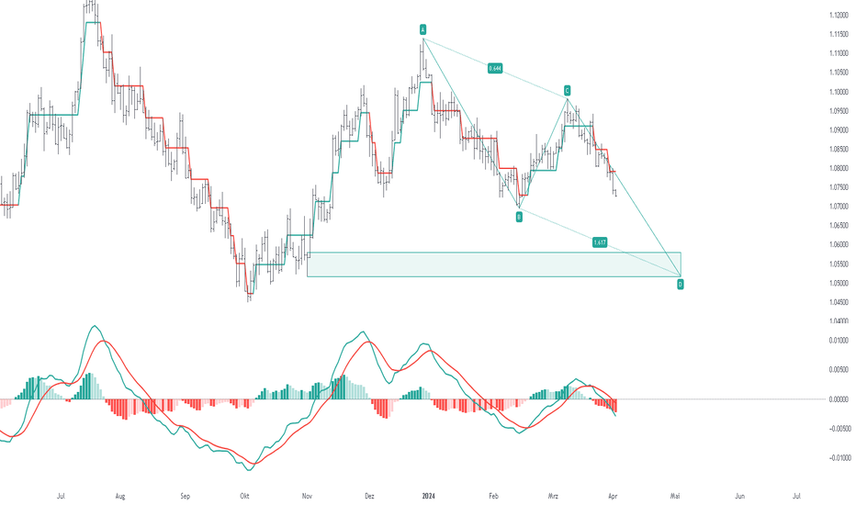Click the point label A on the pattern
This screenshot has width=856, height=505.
423,29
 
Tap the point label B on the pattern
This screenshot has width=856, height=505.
519,217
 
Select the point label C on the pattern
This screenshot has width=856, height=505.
568,90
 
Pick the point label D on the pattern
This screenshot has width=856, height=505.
681,285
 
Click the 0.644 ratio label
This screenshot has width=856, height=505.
496,68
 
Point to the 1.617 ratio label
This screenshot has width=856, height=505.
599,242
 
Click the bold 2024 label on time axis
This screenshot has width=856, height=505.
429,495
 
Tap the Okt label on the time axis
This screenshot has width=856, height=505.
244,495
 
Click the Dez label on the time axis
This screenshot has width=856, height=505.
368,495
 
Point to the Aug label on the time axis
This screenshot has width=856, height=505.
119,495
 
